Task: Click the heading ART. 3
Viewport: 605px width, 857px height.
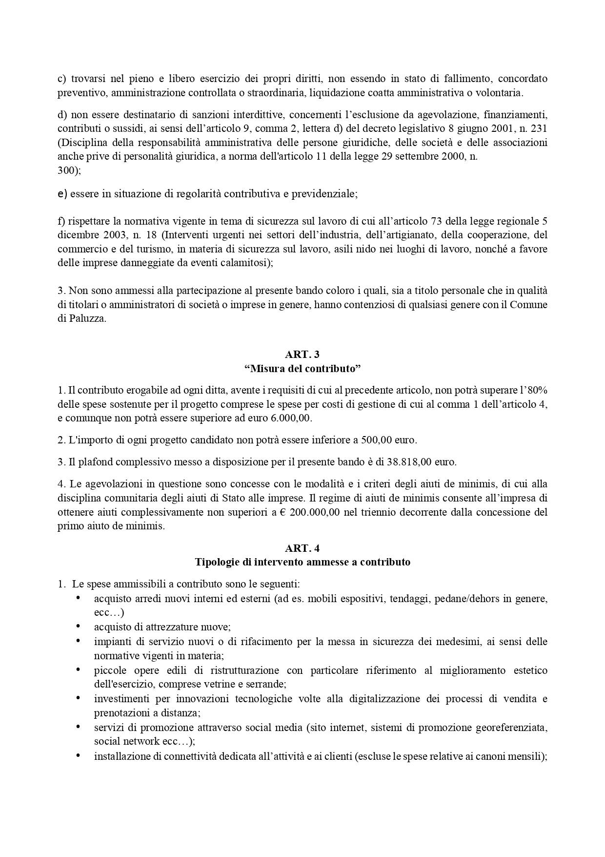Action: (302, 355)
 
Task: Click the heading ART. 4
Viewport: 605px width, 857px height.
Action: (302, 548)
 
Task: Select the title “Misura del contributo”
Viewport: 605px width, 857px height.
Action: (302, 368)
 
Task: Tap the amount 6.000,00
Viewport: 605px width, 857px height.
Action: (291, 418)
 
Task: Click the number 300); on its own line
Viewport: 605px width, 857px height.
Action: (69, 171)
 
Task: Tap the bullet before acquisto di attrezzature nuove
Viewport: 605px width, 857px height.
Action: (78, 626)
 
